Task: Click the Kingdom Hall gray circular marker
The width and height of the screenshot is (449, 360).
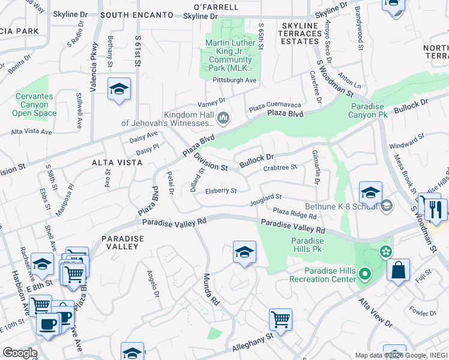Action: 224,118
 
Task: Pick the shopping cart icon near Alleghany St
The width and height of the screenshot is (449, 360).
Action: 280,319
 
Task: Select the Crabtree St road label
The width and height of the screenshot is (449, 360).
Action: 280,167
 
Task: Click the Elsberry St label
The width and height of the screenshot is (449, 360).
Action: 221,191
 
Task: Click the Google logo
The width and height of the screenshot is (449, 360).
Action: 20,353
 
